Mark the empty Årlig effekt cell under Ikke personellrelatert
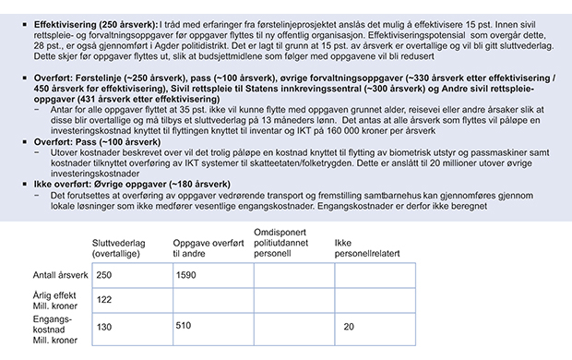[374, 299]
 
